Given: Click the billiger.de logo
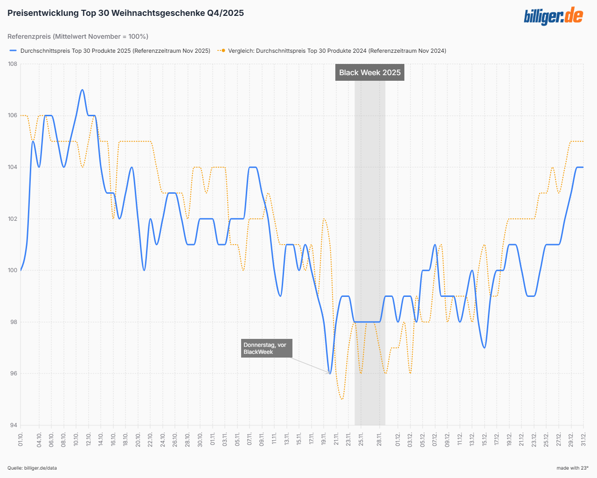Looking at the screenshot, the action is click(x=553, y=16).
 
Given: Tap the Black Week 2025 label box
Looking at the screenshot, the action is click(x=369, y=72).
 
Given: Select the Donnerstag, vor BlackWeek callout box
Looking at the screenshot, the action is click(x=266, y=348).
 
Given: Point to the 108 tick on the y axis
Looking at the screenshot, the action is click(x=13, y=64).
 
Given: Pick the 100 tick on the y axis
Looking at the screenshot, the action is click(x=13, y=270).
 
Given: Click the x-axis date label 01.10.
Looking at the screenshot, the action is click(x=21, y=439).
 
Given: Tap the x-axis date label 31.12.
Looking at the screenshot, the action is click(x=583, y=439).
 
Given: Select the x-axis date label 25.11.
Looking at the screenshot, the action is click(x=361, y=439).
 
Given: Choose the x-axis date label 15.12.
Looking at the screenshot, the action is click(x=485, y=439).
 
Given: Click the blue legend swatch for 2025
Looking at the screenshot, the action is click(x=13, y=50).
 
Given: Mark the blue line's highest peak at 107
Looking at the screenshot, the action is click(x=82, y=90).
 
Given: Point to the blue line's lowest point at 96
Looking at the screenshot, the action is click(x=330, y=373).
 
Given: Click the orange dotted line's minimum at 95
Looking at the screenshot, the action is click(x=342, y=399).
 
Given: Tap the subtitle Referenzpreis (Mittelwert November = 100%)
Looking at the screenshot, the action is click(x=78, y=36).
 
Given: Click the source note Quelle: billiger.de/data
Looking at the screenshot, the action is click(x=32, y=468).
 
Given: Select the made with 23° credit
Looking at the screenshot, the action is click(x=572, y=468).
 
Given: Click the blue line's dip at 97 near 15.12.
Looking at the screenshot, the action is click(x=485, y=347).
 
